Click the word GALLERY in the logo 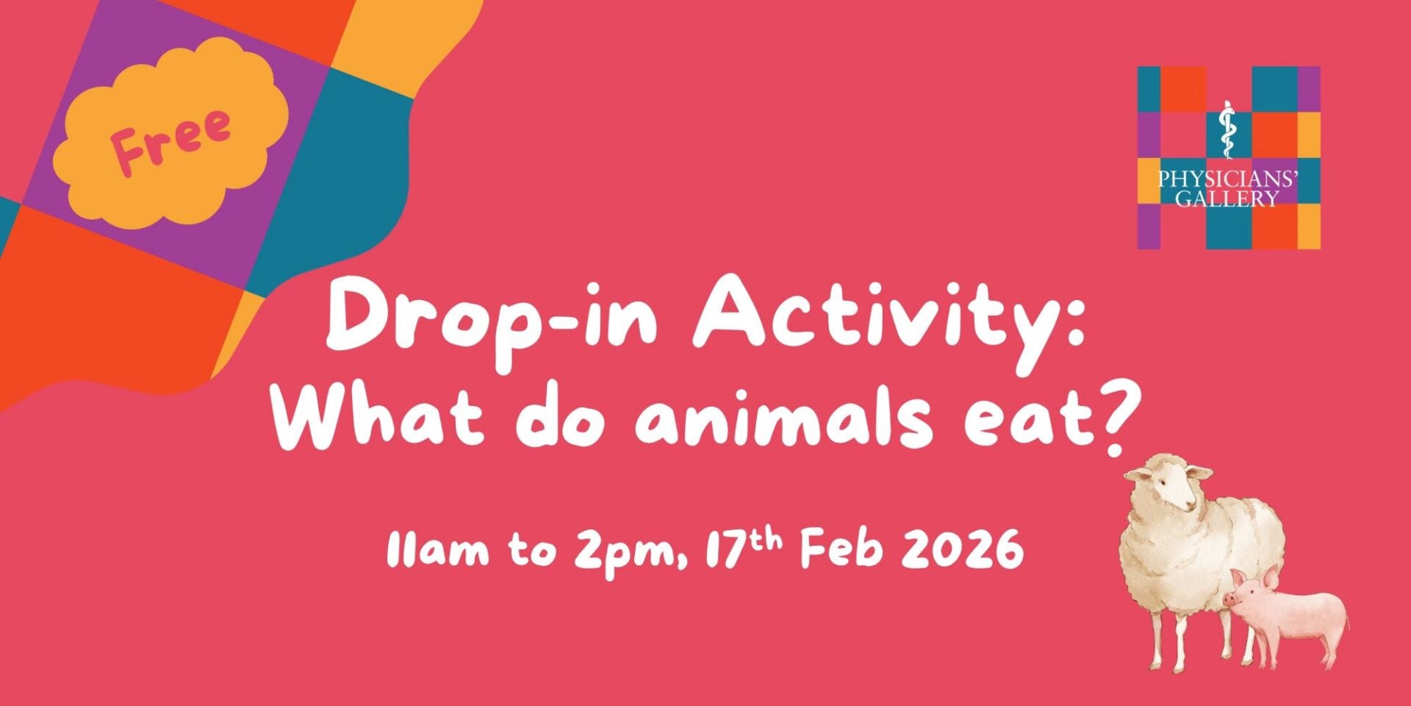1227,199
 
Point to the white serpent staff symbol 1225,129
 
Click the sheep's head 1173,485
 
